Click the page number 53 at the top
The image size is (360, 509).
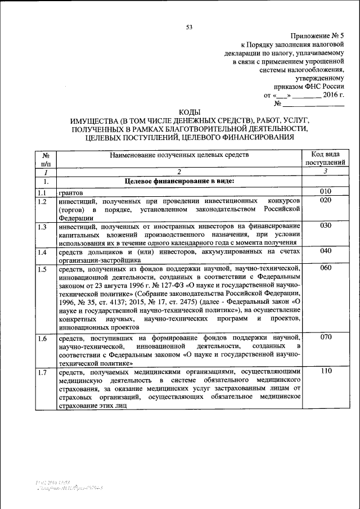tap(189, 26)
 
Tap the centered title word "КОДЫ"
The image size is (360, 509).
tap(189, 112)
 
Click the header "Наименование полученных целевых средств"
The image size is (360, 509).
tap(179, 154)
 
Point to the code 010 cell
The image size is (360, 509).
tap(325, 192)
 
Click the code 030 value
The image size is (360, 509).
tap(325, 226)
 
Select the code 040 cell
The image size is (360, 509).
tap(325, 251)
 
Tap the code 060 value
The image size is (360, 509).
tap(325, 268)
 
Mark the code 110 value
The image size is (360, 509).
tap(325, 371)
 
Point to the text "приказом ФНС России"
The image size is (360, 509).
tap(308, 86)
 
